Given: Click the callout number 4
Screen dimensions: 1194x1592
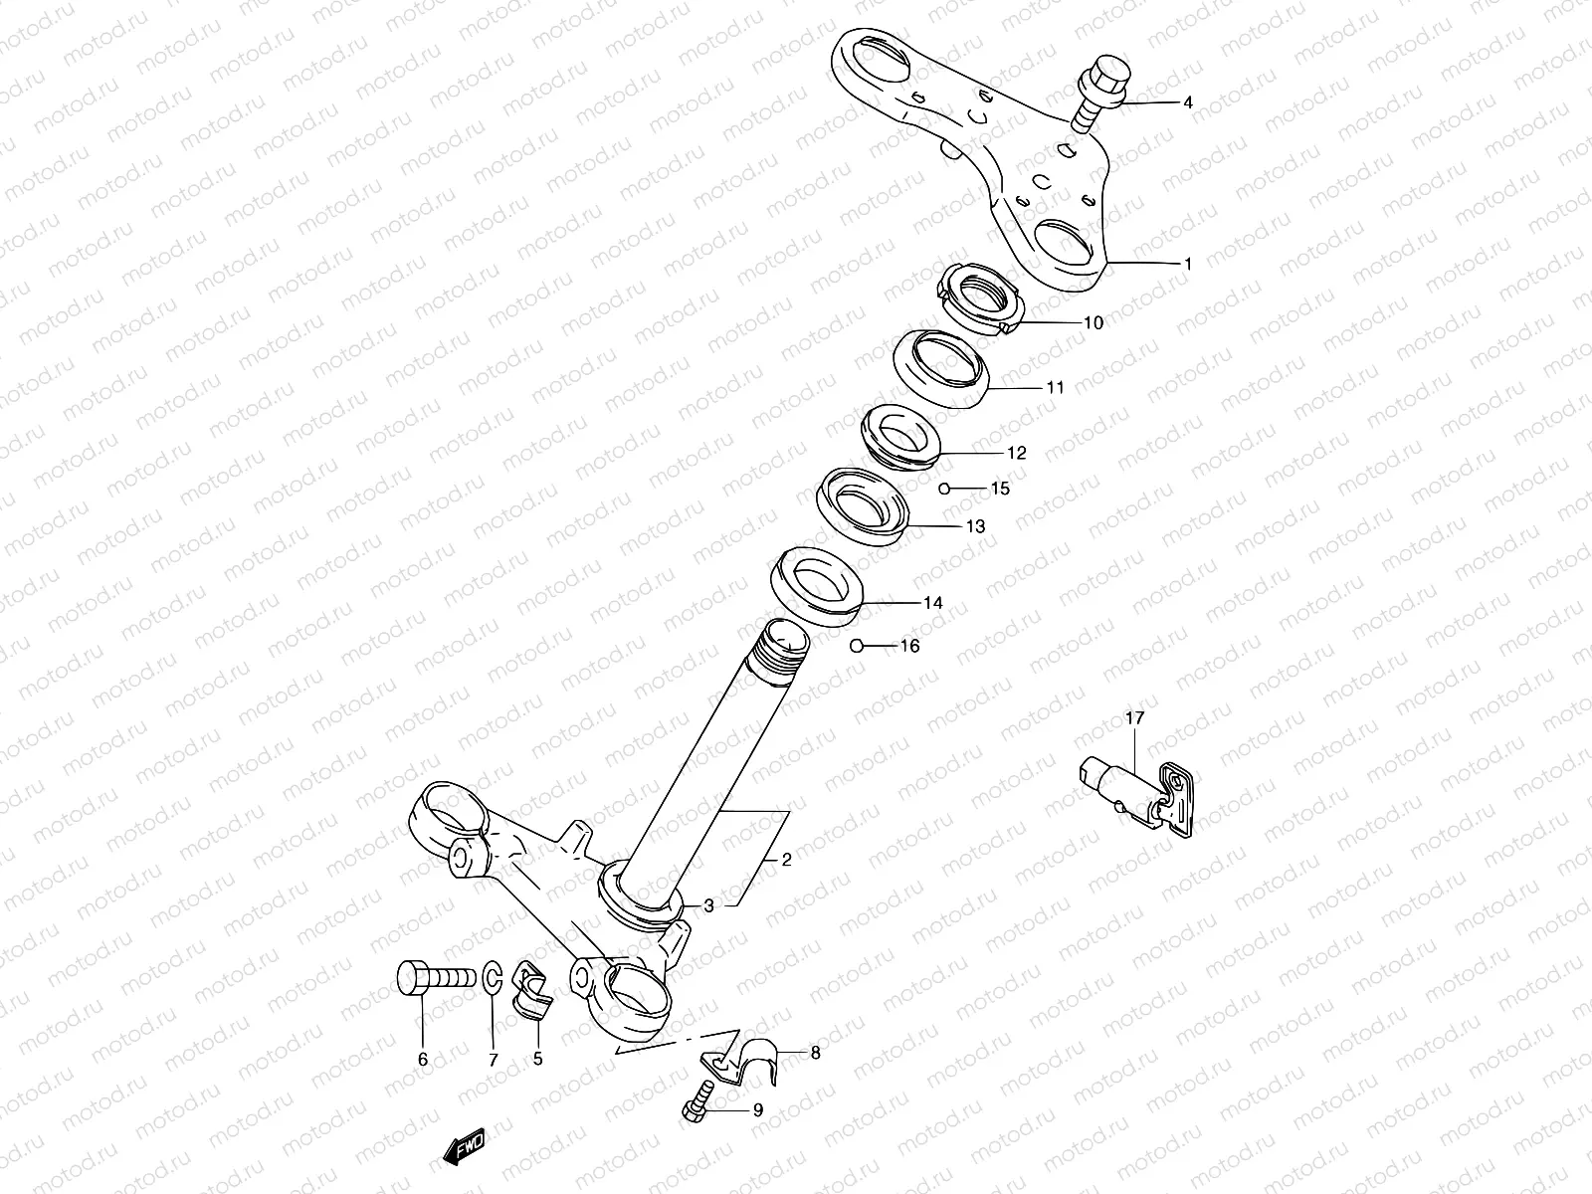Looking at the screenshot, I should coord(1187,102).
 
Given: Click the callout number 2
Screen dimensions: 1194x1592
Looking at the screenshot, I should coord(786,861).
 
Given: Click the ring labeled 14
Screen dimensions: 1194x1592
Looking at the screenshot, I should coord(816,585).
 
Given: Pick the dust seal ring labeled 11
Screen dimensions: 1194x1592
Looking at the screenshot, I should coord(942,370).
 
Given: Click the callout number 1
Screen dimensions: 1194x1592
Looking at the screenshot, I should coord(1187,264).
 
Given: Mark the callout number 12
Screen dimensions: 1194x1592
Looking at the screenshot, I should coord(1016,453).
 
